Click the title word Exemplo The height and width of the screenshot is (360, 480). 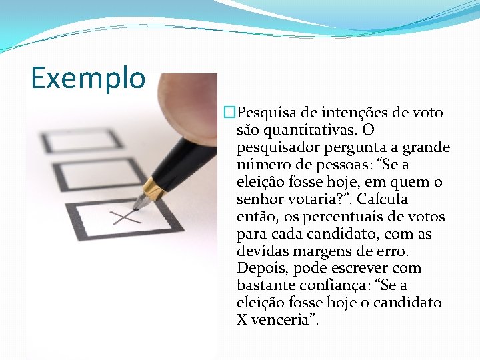pos(87,77)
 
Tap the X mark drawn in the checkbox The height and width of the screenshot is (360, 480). pos(126,217)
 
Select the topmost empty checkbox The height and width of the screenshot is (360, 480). pos(81,141)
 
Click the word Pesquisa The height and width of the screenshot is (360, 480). pos(267,113)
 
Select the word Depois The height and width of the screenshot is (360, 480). pos(259,268)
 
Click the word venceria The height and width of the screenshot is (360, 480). pos(283,320)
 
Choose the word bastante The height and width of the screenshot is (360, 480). pos(265,285)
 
